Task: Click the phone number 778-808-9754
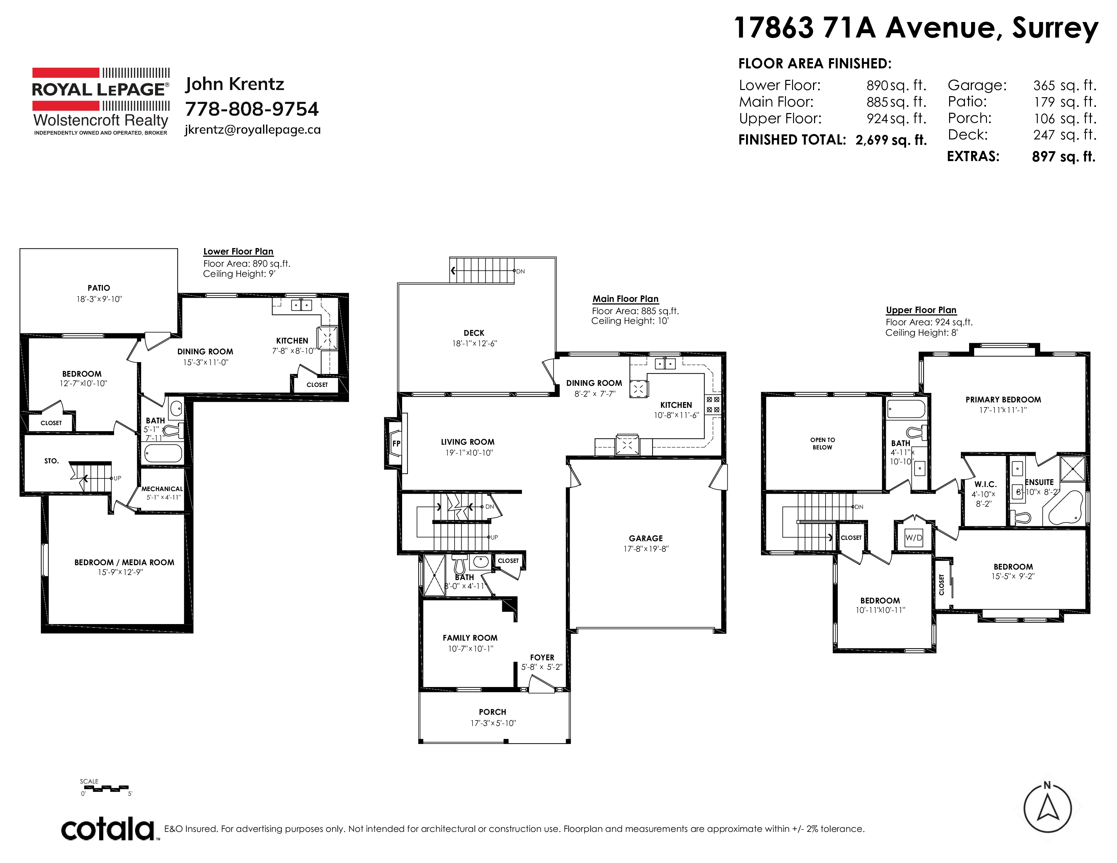coord(251,109)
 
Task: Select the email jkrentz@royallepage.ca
coord(253,130)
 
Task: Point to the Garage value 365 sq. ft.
coord(1064,85)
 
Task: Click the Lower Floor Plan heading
coord(238,251)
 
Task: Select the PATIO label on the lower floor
coord(99,288)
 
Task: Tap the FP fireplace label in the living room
coord(396,444)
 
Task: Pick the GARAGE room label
coord(646,538)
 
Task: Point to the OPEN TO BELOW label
coord(823,443)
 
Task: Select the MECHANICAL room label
coord(162,489)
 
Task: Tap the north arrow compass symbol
coord(1048,808)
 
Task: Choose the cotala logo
coord(108,829)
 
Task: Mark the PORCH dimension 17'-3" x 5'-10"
coord(493,723)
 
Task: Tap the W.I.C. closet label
coord(985,484)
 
